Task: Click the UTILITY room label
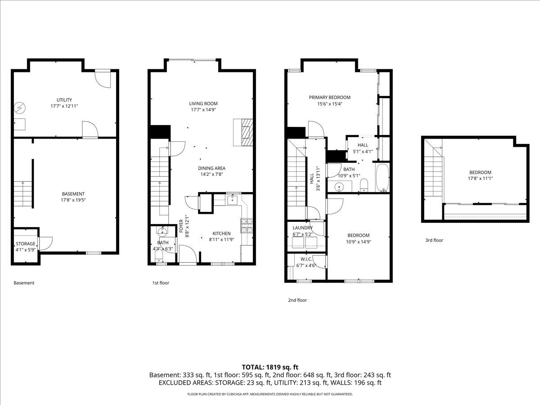[x=64, y=100]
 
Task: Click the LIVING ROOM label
[x=203, y=103]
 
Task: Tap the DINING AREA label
[x=211, y=168]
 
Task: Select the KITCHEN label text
[x=221, y=233]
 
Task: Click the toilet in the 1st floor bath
[x=158, y=256]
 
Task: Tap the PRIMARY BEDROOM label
[x=329, y=97]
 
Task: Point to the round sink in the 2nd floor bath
[x=339, y=186]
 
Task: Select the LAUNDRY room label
[x=302, y=228]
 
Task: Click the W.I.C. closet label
[x=306, y=259]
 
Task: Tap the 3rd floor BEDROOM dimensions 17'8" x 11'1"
[x=480, y=179]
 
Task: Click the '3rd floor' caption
[x=434, y=240]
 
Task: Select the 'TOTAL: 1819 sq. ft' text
[x=270, y=367]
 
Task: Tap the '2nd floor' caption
[x=297, y=300]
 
